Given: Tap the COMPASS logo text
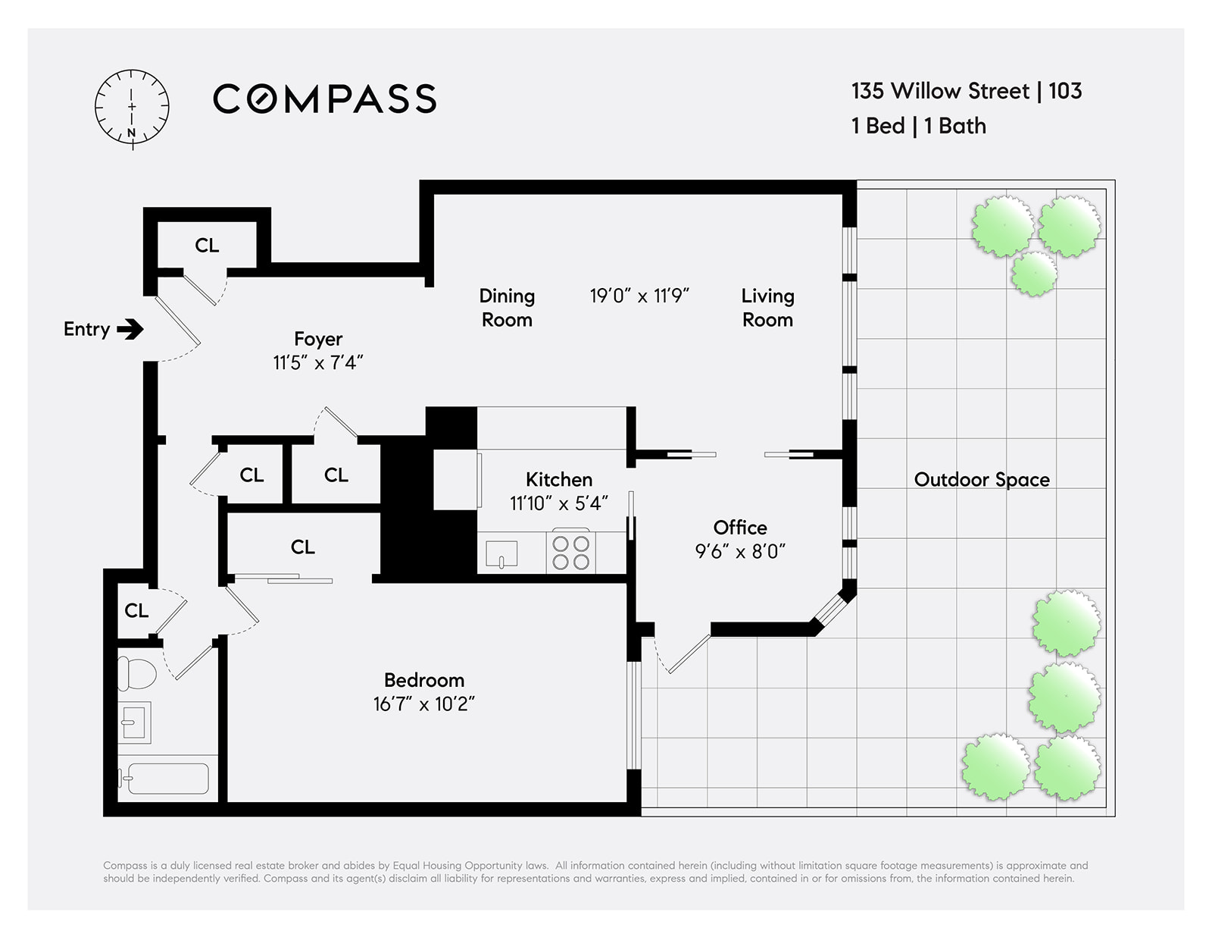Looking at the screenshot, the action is click(325, 99).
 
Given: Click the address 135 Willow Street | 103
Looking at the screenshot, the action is click(966, 91).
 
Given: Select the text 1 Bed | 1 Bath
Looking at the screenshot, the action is click(918, 126).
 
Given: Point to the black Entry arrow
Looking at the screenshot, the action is click(130, 329).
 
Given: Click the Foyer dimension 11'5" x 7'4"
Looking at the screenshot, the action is click(318, 362).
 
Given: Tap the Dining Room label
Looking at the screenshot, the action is click(507, 308).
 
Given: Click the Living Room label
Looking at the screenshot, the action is click(767, 308).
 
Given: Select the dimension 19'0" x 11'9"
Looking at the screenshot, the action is click(639, 296).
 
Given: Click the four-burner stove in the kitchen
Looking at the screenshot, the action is click(570, 551).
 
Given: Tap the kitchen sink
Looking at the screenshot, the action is click(501, 554).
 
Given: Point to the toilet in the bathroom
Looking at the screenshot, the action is click(136, 673).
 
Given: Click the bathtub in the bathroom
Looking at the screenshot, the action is click(164, 779).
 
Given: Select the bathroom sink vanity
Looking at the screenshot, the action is click(134, 722).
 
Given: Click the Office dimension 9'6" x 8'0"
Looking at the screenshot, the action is click(739, 551).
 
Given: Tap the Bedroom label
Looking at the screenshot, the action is click(424, 680).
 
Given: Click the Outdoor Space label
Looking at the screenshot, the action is click(982, 479).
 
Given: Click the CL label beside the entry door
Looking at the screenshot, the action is click(207, 245).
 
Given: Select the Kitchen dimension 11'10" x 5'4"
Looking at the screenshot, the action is click(558, 503).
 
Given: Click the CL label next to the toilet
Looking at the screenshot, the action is click(136, 610).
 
